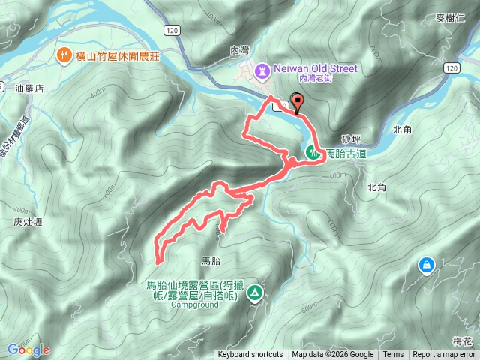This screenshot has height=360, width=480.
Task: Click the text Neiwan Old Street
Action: [x=315, y=68]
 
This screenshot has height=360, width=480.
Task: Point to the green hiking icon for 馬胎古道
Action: [x=312, y=152]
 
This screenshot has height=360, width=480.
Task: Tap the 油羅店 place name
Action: [x=29, y=88]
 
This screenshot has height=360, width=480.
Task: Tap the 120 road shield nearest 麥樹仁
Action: [x=450, y=68]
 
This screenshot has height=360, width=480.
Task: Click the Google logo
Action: [x=28, y=349]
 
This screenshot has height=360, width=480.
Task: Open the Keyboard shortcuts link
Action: [x=250, y=355]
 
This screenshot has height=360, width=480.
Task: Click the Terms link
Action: [x=393, y=355]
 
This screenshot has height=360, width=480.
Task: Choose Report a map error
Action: [x=445, y=355]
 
